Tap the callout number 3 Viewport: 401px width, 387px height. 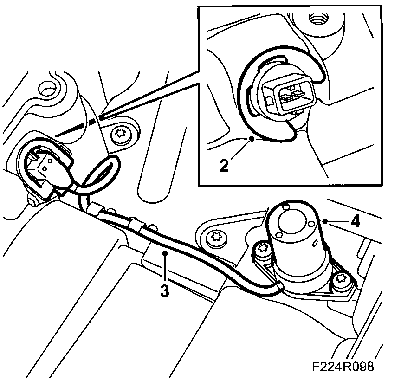click(x=165, y=291)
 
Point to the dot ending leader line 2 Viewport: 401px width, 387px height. click(x=251, y=138)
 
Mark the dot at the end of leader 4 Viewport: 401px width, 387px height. click(x=326, y=221)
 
